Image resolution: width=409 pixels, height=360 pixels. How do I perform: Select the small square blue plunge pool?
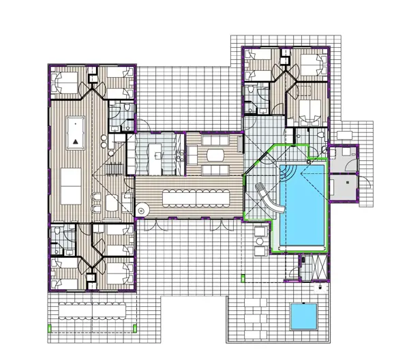(x=303, y=315)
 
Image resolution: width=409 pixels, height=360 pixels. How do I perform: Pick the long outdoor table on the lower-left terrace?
(x=91, y=310)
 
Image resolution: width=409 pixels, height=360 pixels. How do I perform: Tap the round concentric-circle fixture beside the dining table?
(x=142, y=210)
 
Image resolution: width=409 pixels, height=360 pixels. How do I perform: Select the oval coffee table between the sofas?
(x=213, y=155)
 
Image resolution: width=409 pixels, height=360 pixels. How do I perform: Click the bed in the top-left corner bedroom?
(x=66, y=85)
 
